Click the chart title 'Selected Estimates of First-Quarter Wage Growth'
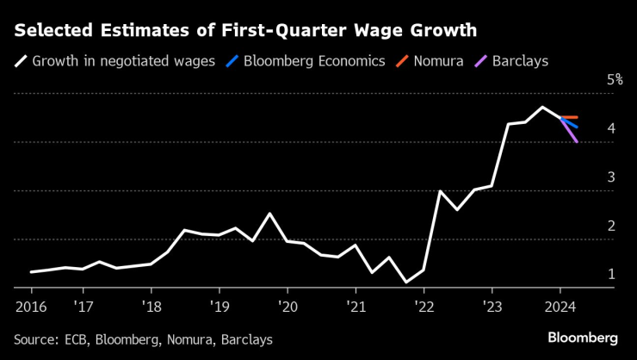point(245,32)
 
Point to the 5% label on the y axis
point(615,79)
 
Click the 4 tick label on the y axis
point(610,128)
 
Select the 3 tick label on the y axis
point(610,177)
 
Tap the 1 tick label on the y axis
point(610,274)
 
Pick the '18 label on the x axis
point(152,306)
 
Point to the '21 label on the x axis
point(356,306)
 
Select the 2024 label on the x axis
point(560,306)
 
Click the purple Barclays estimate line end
point(577,141)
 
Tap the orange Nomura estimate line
point(569,117)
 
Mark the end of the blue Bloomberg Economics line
point(577,127)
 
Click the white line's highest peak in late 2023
point(542,107)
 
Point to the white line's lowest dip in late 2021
point(406,282)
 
